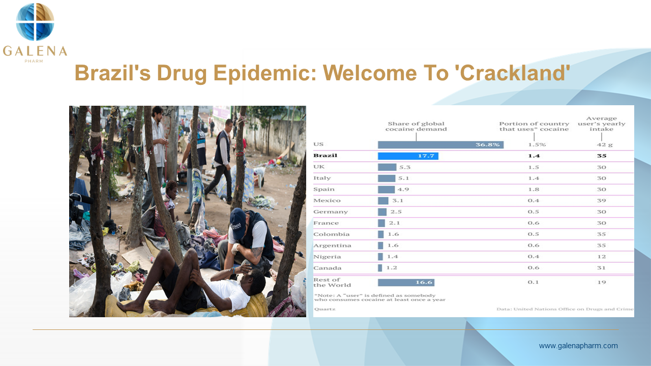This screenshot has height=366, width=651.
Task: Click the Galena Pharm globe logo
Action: point(35,22)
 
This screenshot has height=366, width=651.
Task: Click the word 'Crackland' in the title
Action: point(513,73)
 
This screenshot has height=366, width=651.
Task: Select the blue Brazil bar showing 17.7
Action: point(408,156)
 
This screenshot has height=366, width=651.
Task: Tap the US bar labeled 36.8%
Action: point(440,145)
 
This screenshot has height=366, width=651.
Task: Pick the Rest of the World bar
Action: point(406,282)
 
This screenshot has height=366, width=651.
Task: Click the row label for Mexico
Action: point(327,200)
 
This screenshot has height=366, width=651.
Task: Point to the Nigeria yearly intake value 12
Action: point(602,257)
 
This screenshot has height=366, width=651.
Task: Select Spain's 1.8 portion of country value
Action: point(534,190)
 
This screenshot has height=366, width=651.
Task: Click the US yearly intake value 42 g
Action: point(605,145)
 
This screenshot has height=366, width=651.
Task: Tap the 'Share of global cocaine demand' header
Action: point(416,127)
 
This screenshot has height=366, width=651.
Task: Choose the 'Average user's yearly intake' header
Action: point(602,124)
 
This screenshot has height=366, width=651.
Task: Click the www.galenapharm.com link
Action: point(578,346)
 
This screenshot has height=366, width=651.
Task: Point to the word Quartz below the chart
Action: point(324,309)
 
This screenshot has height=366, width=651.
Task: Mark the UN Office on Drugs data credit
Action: point(565,309)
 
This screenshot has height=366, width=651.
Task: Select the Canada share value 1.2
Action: point(392,268)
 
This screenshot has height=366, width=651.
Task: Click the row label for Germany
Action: point(331,212)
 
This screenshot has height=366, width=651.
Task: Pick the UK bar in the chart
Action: point(387,167)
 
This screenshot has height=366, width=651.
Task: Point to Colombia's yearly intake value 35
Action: point(602,234)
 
